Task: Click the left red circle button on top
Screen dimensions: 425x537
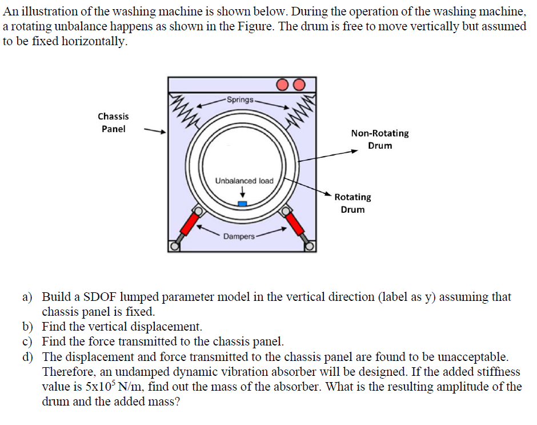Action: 284,85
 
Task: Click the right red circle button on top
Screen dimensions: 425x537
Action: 299,85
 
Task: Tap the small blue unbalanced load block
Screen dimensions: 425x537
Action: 242,203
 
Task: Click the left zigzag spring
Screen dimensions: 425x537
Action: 182,107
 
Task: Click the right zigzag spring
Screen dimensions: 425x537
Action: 302,107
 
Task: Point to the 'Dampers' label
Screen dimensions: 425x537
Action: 239,236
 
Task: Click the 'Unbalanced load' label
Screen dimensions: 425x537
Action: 244,181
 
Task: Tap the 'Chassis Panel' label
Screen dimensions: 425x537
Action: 113,122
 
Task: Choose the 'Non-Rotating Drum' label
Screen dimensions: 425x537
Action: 380,139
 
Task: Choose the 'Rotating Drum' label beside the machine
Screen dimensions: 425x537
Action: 352,203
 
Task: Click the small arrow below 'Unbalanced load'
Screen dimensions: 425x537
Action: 242,193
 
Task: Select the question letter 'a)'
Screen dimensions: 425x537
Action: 27,297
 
